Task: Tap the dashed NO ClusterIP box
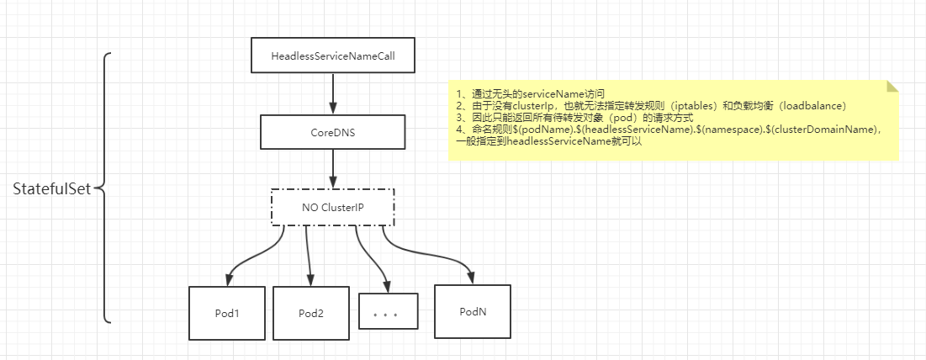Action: click(x=332, y=207)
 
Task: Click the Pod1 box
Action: click(x=227, y=313)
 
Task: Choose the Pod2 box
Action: click(x=311, y=313)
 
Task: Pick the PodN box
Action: click(x=473, y=311)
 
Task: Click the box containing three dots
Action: click(x=388, y=316)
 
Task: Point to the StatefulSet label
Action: click(x=50, y=189)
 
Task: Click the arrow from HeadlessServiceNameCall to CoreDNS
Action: click(x=333, y=94)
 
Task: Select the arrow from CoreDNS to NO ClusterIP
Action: click(x=333, y=170)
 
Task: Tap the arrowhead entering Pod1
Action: click(x=228, y=280)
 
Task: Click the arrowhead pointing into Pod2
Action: click(x=310, y=280)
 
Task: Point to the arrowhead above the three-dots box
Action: click(x=387, y=286)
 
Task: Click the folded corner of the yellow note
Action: click(x=892, y=87)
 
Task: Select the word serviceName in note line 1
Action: click(x=545, y=93)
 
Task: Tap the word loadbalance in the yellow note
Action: click(x=813, y=105)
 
